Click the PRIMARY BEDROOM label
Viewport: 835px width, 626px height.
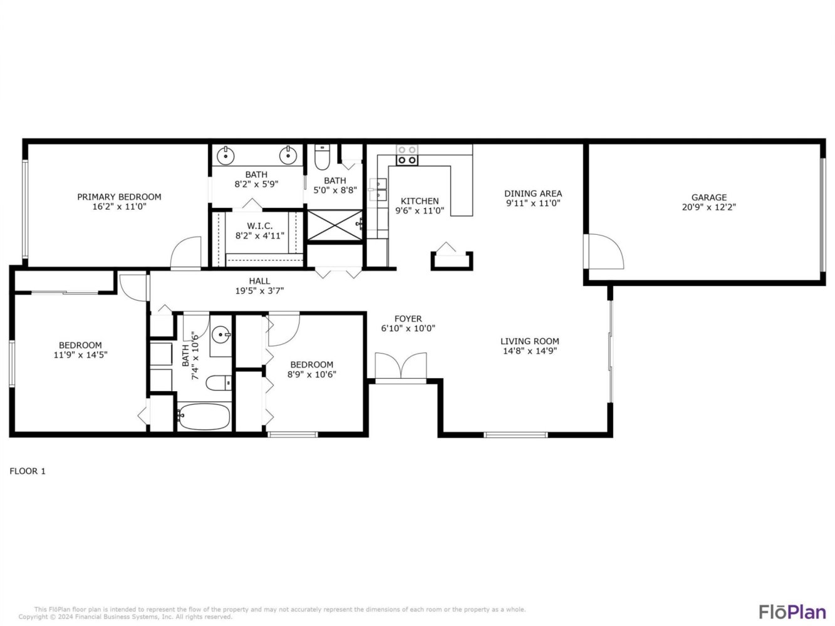[119, 197]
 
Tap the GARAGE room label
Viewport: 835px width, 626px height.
[708, 197]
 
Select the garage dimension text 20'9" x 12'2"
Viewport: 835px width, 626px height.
[708, 207]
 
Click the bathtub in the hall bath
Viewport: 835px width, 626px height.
[204, 416]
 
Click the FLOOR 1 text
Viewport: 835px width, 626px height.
[28, 471]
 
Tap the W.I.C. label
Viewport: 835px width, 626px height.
[259, 226]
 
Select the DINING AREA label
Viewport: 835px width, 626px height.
[533, 193]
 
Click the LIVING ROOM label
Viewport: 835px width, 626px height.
[529, 341]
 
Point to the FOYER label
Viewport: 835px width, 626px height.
[408, 319]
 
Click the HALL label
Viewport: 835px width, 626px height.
[259, 281]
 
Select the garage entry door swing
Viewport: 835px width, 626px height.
[605, 252]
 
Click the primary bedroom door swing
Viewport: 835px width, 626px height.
[185, 252]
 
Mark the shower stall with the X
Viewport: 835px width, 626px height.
[335, 225]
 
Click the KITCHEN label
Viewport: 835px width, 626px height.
[420, 201]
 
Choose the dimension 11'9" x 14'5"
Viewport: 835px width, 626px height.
[81, 355]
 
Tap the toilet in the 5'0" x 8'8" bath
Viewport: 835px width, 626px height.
[322, 158]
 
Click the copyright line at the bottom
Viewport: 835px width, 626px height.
[125, 617]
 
